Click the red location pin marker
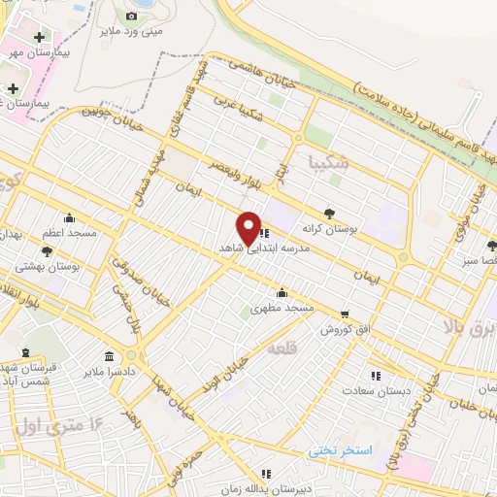pyautogui.click(x=249, y=227)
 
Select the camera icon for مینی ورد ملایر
pyautogui.click(x=132, y=16)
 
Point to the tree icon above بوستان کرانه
pyautogui.click(x=329, y=214)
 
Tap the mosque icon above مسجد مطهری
pyautogui.click(x=282, y=292)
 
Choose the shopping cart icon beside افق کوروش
pyautogui.click(x=345, y=314)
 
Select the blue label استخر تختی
pyautogui.click(x=340, y=450)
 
